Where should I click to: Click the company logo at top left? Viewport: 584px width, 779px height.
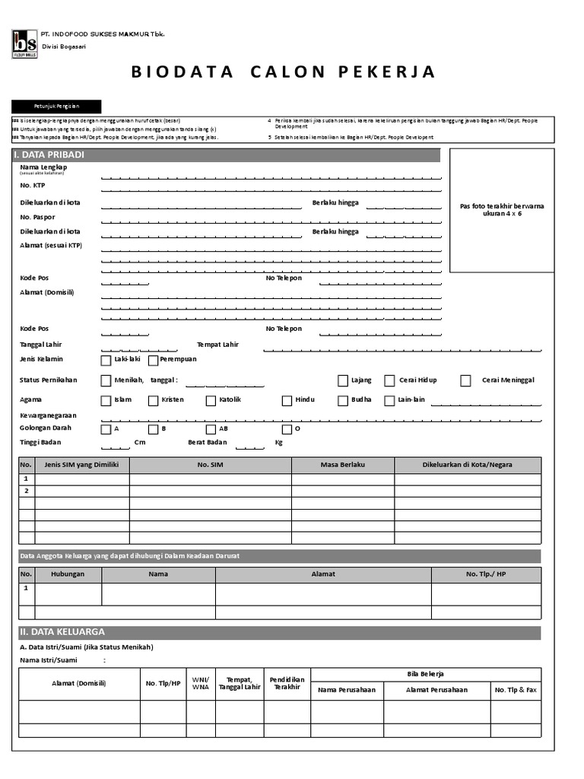click(x=24, y=43)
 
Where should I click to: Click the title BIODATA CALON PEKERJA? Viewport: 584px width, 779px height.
click(x=284, y=72)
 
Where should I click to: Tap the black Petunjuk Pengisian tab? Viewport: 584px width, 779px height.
click(x=56, y=107)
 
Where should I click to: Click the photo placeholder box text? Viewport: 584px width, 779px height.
click(x=502, y=210)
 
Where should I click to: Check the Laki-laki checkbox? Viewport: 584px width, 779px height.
click(x=106, y=360)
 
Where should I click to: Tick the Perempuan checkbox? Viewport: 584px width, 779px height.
click(x=153, y=360)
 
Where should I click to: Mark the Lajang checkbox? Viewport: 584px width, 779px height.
click(x=343, y=380)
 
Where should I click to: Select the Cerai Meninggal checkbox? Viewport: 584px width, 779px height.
click(x=465, y=380)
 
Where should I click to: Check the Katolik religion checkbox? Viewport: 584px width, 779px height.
click(x=211, y=400)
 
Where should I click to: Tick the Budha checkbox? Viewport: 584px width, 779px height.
click(x=343, y=400)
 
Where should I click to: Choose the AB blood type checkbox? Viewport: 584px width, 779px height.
click(x=211, y=429)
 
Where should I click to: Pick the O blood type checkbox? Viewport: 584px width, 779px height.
click(x=287, y=429)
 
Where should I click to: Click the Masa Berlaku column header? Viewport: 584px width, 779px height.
click(x=342, y=465)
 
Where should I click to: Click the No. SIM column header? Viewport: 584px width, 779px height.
click(x=210, y=465)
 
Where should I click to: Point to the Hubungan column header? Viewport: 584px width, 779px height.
click(x=68, y=574)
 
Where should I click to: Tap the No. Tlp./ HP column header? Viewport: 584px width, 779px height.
click(x=486, y=574)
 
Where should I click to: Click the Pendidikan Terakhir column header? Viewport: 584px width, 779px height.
click(x=287, y=682)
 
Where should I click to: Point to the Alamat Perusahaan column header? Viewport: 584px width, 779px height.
click(x=436, y=690)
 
